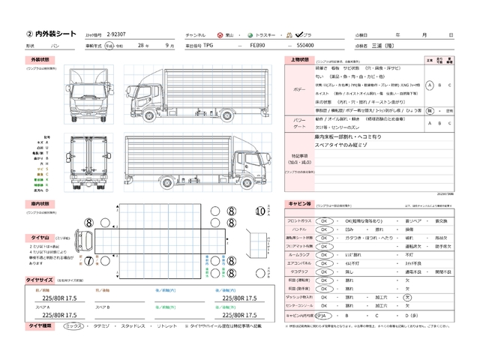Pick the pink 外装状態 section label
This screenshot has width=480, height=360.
(x=40, y=59)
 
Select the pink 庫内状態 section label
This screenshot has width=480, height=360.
(x=40, y=203)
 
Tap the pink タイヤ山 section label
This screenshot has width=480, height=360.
(x=40, y=238)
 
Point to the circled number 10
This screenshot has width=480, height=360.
(x=259, y=211)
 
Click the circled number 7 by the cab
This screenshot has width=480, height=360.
(x=88, y=261)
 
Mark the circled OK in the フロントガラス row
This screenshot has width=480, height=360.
(x=325, y=222)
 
